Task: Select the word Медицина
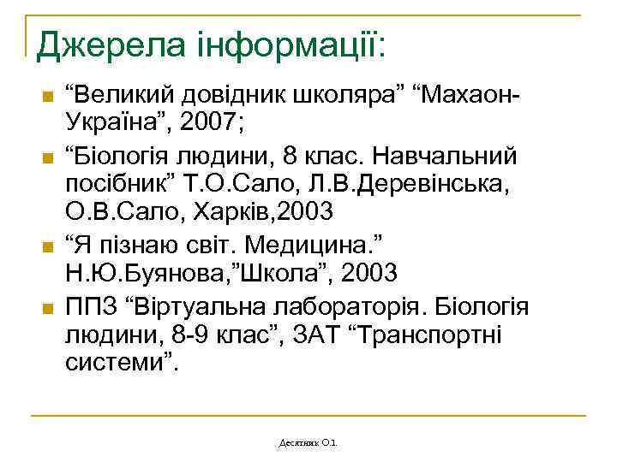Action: (x=320, y=245)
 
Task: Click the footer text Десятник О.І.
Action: (x=308, y=443)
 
